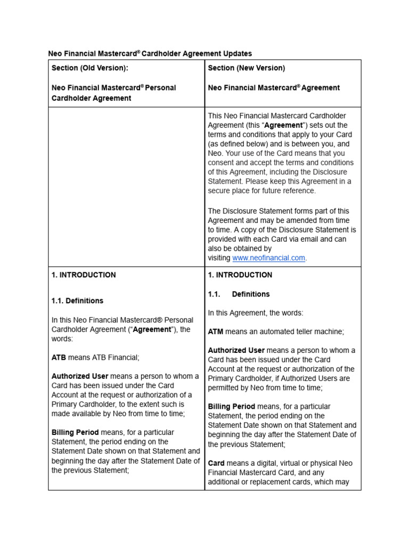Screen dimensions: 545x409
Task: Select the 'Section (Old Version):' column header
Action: [x=89, y=68]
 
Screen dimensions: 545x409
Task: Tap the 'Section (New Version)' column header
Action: [x=246, y=68]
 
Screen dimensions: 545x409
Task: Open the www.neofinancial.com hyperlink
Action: [x=268, y=258]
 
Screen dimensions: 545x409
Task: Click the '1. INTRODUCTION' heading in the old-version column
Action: [x=84, y=275]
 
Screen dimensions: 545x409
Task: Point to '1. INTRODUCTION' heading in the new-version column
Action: [x=240, y=275]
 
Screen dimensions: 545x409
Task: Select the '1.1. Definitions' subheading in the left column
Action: [x=78, y=301]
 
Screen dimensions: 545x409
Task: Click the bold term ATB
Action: [x=59, y=358]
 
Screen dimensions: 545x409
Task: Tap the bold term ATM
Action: [x=216, y=332]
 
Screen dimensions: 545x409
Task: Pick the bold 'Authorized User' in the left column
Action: [x=80, y=376]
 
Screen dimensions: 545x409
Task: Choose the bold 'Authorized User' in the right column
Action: [x=236, y=350]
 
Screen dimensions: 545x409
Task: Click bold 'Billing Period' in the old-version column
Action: [x=75, y=433]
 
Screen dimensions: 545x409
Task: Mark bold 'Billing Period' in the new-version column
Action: [x=232, y=407]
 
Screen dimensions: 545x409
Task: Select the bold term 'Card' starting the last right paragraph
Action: [x=216, y=464]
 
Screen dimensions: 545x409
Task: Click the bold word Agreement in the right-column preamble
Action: [x=284, y=126]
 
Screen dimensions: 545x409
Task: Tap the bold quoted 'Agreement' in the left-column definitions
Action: [x=152, y=329]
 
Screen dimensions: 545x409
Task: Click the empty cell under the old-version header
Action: [x=126, y=186]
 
